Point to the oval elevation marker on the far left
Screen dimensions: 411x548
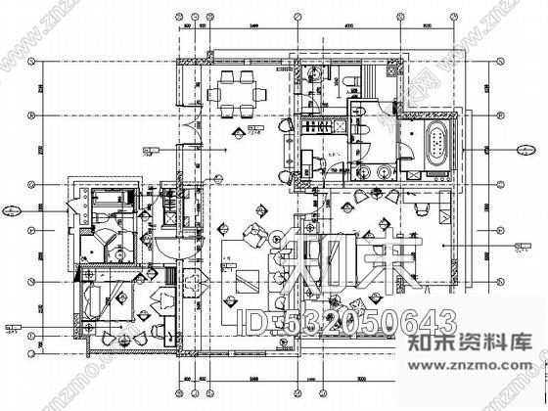12,208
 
